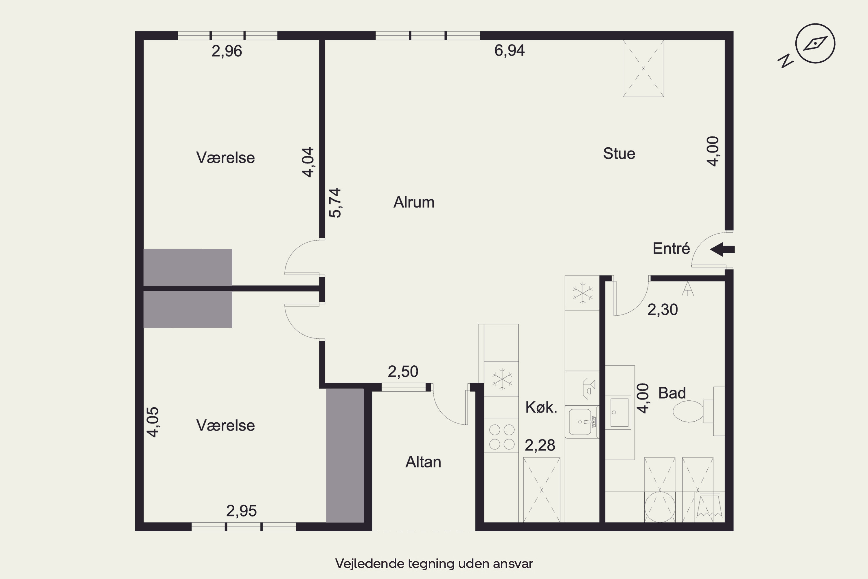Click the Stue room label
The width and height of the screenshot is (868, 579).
(x=619, y=154)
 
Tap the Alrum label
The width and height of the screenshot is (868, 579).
(x=414, y=202)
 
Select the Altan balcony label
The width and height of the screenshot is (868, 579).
(x=423, y=462)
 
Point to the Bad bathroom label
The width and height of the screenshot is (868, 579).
(x=672, y=393)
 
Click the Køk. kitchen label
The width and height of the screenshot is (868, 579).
(x=541, y=407)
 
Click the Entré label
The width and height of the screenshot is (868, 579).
(x=671, y=248)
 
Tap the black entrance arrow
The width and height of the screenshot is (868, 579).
(x=722, y=250)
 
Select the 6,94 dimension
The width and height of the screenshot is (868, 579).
(x=509, y=50)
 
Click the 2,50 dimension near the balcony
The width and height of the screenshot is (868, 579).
(x=403, y=371)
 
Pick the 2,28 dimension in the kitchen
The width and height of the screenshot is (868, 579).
(x=540, y=445)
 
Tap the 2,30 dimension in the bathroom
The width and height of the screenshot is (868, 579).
(x=663, y=309)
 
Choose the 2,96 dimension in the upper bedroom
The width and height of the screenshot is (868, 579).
(x=227, y=51)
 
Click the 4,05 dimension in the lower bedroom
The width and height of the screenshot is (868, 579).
(x=153, y=422)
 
